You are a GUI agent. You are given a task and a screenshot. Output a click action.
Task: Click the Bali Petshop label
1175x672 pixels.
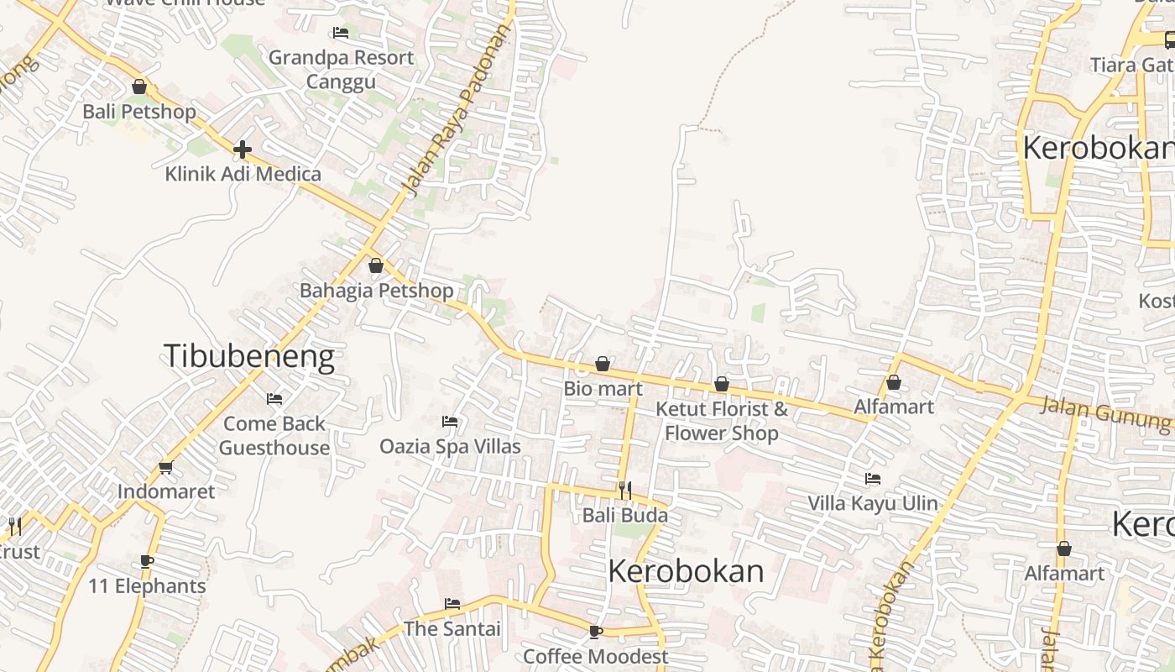click(139, 112)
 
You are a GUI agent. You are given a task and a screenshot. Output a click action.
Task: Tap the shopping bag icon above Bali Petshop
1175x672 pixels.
click(139, 87)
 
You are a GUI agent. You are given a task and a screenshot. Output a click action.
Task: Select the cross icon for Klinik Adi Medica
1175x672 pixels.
click(243, 150)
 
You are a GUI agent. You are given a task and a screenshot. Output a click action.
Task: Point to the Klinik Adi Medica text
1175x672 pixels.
click(243, 174)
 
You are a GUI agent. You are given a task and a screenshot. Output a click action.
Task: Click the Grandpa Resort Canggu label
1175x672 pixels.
click(341, 70)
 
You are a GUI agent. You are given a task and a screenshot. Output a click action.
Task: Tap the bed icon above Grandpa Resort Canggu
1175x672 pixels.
click(341, 33)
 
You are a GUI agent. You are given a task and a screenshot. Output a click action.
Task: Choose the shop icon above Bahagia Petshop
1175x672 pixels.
click(376, 265)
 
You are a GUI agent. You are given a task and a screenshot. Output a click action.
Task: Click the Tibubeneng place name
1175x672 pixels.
click(249, 357)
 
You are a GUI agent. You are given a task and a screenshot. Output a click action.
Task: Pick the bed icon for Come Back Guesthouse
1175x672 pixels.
click(274, 398)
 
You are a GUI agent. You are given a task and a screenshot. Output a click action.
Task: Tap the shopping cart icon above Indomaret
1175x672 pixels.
click(165, 467)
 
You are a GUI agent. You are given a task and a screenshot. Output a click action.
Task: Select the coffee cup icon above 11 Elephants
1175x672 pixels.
click(147, 561)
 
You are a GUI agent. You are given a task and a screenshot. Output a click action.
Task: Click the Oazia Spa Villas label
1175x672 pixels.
click(451, 446)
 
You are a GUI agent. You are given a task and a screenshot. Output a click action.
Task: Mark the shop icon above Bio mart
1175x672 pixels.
click(603, 364)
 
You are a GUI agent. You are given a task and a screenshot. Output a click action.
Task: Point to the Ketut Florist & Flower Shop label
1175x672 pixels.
click(722, 421)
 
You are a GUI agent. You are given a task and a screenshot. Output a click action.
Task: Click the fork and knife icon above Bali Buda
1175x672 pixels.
click(625, 490)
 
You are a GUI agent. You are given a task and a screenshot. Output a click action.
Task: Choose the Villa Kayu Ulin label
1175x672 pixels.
click(873, 503)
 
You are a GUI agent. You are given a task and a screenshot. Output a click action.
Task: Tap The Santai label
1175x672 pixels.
click(452, 628)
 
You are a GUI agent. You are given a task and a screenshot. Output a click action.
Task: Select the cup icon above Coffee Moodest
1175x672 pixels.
click(596, 631)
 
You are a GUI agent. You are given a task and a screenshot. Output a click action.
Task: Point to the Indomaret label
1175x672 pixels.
click(166, 491)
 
